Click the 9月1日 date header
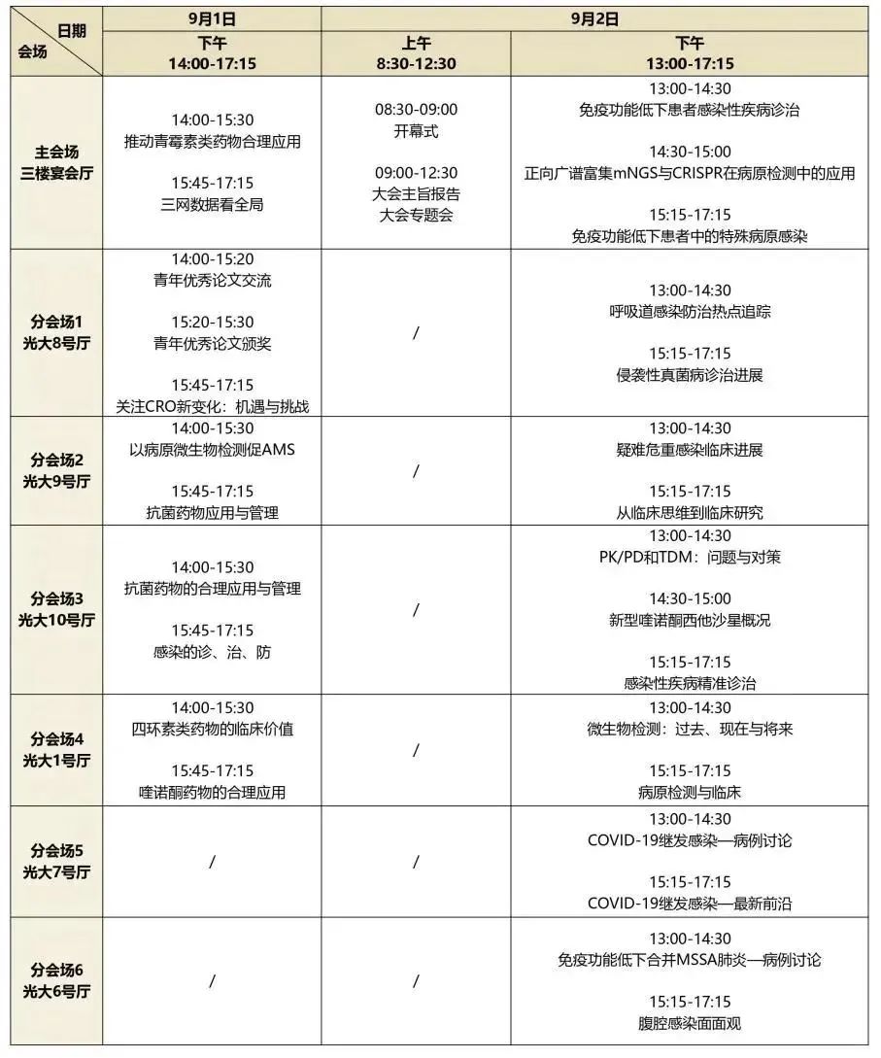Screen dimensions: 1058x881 click(212, 17)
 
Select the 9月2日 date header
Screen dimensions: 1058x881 click(594, 17)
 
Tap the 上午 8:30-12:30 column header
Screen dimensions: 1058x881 click(416, 53)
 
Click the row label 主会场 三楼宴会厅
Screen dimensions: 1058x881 click(56, 162)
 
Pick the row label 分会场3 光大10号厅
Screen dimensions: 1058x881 click(56, 609)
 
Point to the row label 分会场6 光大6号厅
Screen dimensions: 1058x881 click(56, 980)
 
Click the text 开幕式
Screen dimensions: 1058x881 click(416, 131)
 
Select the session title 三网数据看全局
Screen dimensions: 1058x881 click(212, 204)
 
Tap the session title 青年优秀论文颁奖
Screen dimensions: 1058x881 click(212, 343)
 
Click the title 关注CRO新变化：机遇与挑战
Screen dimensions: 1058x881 click(212, 406)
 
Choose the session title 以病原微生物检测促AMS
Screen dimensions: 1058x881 click(212, 450)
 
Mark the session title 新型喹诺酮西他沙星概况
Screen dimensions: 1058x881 click(690, 620)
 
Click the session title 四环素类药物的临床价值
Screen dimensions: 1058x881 click(212, 729)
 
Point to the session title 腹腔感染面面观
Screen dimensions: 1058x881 click(690, 1022)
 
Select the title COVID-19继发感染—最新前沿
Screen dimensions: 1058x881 click(690, 904)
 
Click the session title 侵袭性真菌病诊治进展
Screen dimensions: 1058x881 click(690, 375)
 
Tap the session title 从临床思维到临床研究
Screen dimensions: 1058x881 click(690, 513)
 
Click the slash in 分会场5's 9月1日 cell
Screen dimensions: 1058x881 click(212, 862)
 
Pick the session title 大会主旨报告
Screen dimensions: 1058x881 click(416, 193)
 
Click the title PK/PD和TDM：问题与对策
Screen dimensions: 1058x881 click(690, 557)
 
